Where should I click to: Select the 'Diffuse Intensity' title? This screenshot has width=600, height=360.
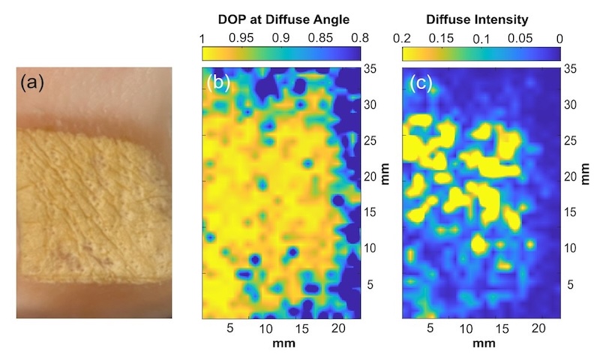(x=481, y=17)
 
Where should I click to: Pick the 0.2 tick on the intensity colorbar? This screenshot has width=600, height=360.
(x=402, y=37)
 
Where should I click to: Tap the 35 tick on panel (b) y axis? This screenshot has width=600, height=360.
(x=369, y=69)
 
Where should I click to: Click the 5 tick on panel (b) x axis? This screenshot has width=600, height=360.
(x=229, y=328)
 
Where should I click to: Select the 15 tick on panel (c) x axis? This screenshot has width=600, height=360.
(x=499, y=328)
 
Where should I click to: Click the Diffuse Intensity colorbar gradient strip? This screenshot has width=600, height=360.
(x=481, y=54)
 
